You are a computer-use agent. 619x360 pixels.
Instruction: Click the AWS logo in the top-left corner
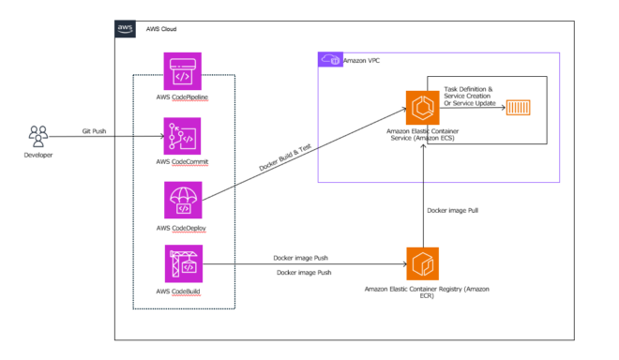click(x=126, y=29)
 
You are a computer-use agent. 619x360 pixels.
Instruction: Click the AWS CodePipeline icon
click(x=182, y=71)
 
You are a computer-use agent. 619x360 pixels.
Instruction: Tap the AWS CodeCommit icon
click(x=182, y=136)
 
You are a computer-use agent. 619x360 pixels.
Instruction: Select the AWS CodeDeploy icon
click(x=182, y=200)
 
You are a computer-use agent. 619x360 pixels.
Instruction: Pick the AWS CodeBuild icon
click(x=182, y=263)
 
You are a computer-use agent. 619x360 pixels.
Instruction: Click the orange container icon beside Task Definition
click(x=518, y=110)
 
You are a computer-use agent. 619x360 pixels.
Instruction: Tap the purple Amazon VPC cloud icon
click(x=329, y=60)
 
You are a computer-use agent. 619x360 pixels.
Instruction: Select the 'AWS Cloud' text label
click(x=160, y=30)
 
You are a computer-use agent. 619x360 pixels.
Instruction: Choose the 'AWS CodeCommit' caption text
click(x=182, y=162)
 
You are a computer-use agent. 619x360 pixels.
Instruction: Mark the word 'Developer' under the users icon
click(x=38, y=156)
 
